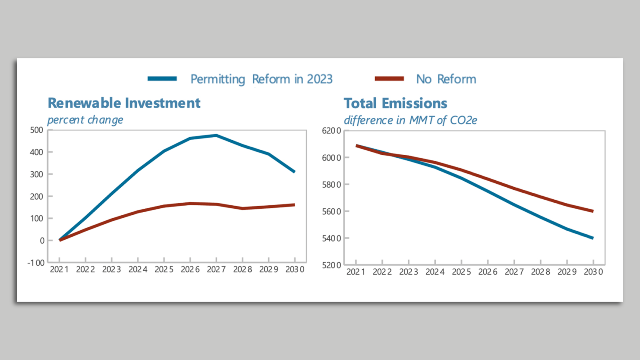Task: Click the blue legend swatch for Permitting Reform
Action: [x=162, y=79]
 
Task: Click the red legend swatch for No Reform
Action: [x=389, y=79]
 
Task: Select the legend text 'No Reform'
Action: [x=446, y=79]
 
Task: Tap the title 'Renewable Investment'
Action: [x=124, y=103]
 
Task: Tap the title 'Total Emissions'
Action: [x=395, y=103]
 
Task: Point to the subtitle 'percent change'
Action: [x=85, y=120]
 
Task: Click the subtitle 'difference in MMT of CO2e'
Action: [x=410, y=120]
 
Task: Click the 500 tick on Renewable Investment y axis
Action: [x=37, y=130]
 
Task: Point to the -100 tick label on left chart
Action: [x=36, y=263]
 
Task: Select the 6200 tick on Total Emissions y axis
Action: [x=331, y=131]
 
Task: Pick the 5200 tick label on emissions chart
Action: [x=331, y=265]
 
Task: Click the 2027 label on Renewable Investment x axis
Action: [x=216, y=269]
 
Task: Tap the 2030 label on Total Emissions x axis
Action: [x=593, y=272]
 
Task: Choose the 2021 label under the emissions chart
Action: [x=356, y=272]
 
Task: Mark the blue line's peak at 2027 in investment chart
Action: [x=216, y=135]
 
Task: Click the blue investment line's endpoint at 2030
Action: [x=294, y=172]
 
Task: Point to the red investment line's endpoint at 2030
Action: [x=294, y=205]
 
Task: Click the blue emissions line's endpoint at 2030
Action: [x=593, y=238]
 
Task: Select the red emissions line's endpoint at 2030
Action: [x=593, y=211]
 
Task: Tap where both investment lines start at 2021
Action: [x=60, y=240]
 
